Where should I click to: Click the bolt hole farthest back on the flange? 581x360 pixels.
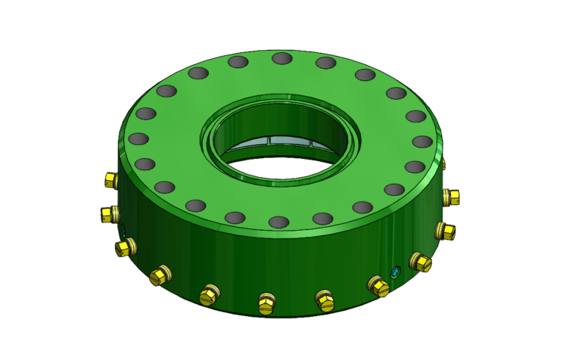click(x=281, y=58)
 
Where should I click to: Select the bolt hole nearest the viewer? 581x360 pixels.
click(x=279, y=222)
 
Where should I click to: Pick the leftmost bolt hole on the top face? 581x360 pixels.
click(x=138, y=139)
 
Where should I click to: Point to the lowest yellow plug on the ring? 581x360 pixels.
click(x=266, y=304)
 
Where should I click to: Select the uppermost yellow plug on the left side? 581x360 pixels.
click(x=109, y=180)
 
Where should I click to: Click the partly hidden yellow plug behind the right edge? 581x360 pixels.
click(x=444, y=163)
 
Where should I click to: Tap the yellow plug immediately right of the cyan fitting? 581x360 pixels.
click(x=420, y=262)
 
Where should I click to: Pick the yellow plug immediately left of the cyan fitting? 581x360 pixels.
click(x=378, y=286)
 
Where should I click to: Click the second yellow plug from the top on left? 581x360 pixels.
click(x=109, y=214)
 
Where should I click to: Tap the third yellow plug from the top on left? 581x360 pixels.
click(x=124, y=247)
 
